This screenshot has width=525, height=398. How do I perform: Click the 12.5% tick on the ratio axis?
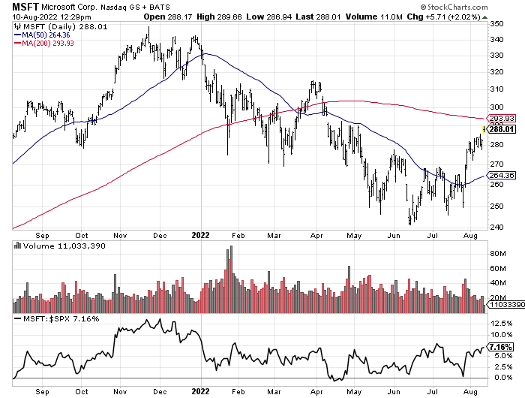502,324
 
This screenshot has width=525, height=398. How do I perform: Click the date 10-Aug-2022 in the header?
34,18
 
